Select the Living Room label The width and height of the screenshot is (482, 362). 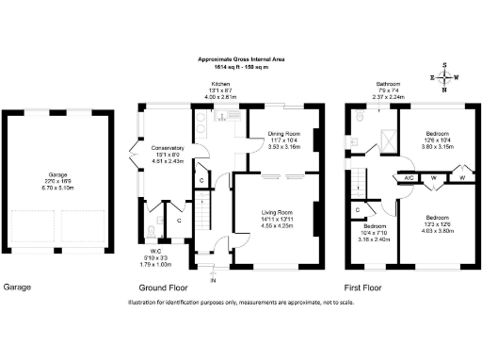pos(281,214)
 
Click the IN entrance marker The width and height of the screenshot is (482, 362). pos(213,280)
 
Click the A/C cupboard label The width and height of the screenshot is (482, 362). pos(410,177)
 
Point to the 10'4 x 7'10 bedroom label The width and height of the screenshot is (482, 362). pos(375,227)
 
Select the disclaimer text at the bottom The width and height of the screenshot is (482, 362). pos(240,303)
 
